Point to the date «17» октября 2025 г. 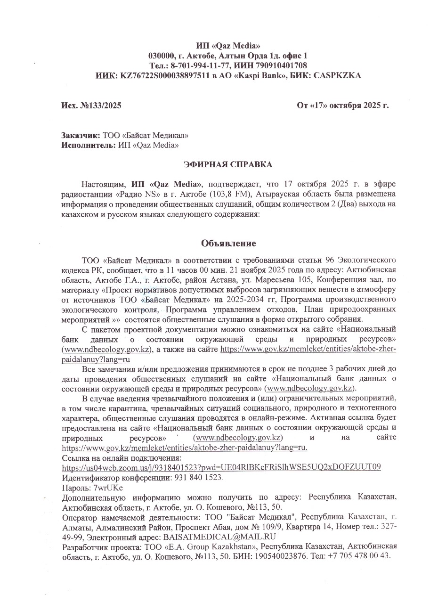coord(343,106)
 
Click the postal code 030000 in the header coord(162,56)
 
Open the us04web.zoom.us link coord(221,467)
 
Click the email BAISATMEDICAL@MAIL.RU coord(219,537)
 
